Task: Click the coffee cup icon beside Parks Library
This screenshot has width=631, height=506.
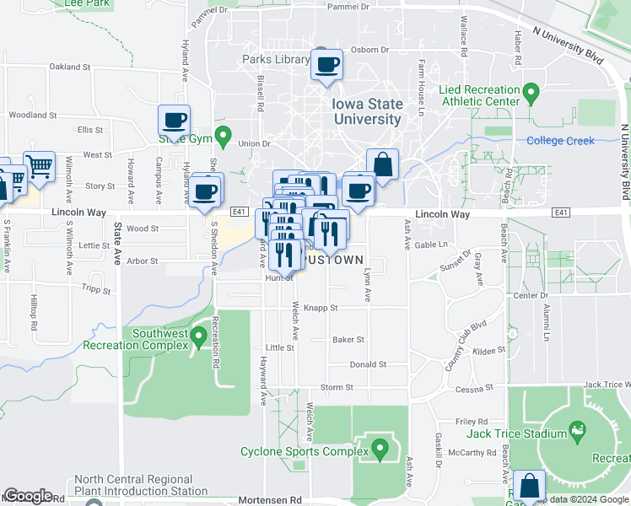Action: point(326,64)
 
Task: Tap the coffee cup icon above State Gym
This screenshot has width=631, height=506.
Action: point(174,120)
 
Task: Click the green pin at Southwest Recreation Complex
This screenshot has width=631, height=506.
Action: point(199,337)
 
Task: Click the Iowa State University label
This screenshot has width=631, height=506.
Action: point(367,111)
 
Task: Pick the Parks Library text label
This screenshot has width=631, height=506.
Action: point(276,60)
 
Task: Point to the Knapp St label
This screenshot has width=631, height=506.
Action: point(321,309)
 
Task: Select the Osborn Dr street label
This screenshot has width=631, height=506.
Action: point(369,50)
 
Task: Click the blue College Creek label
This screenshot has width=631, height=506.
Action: point(556,141)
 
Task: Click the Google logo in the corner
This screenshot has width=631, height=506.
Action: point(28,496)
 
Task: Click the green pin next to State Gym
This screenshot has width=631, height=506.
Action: point(223,135)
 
